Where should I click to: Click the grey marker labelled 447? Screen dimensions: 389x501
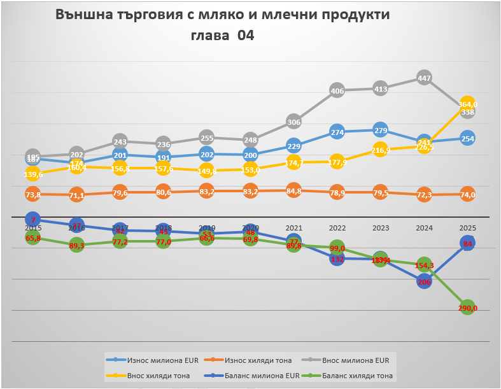pos(424,78)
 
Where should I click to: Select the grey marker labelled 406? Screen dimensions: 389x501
pos(337,90)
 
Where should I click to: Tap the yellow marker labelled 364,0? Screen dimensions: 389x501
pos(467,104)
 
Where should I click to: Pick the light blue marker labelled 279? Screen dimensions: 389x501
pos(380,131)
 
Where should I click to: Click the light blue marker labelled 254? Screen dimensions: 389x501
pos(467,139)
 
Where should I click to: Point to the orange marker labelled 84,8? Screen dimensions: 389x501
pos(293,190)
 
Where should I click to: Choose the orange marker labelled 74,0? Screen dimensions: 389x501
pos(467,194)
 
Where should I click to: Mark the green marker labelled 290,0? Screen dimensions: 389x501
pos(467,308)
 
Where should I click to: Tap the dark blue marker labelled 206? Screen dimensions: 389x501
pos(424,281)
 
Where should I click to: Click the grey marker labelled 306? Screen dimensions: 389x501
pos(293,122)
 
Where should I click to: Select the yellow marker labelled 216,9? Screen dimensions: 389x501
pos(380,151)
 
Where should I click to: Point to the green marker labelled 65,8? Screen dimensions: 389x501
pos(32,237)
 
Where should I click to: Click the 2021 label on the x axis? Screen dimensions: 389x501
pos(293,228)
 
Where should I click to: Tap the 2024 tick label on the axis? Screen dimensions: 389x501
pos(424,228)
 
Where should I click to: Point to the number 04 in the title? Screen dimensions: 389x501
pos(246,36)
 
